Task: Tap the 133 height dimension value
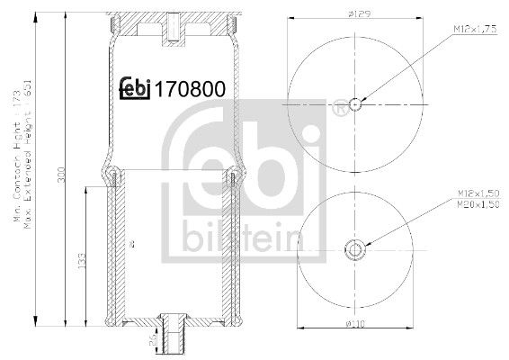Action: [x=82, y=260]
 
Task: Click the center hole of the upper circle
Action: [x=355, y=104]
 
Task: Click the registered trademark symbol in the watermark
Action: [x=338, y=111]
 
